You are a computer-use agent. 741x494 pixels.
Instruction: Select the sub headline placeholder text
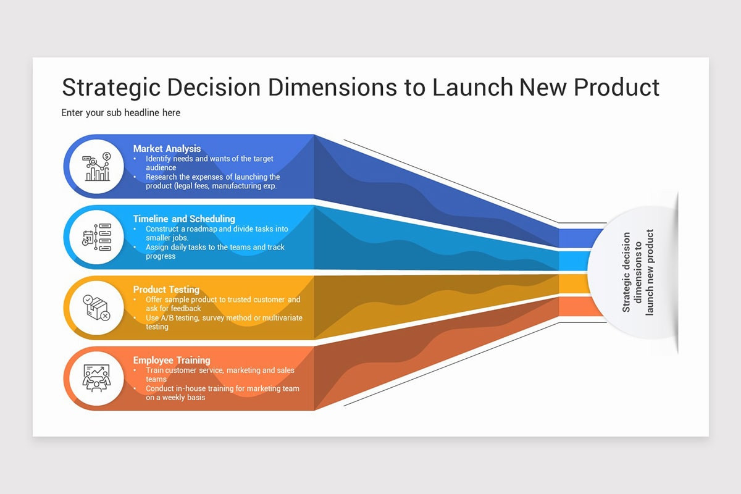(x=121, y=113)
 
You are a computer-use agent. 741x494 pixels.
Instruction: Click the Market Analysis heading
(x=167, y=148)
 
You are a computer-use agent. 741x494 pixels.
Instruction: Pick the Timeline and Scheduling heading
(x=184, y=219)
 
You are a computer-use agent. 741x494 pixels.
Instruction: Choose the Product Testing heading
(x=166, y=290)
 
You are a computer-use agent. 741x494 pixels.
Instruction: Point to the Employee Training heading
(x=172, y=360)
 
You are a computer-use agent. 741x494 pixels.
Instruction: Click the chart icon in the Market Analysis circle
(x=97, y=167)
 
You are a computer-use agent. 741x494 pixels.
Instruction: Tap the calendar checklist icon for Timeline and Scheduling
(x=97, y=237)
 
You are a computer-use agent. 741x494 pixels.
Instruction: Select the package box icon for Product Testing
(x=97, y=308)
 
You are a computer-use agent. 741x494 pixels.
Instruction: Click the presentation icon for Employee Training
(x=97, y=378)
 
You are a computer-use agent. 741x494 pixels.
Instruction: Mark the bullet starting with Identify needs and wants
(x=209, y=163)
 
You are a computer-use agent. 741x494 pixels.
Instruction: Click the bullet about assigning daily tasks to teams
(x=214, y=251)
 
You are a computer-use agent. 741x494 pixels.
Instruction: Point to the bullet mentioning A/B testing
(x=223, y=322)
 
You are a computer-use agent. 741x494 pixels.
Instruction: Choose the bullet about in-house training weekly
(x=222, y=393)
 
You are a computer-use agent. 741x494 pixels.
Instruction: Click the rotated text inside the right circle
(x=637, y=272)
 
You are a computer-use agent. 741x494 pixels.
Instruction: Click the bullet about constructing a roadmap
(x=216, y=233)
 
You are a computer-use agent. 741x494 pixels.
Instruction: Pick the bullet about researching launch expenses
(x=212, y=181)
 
